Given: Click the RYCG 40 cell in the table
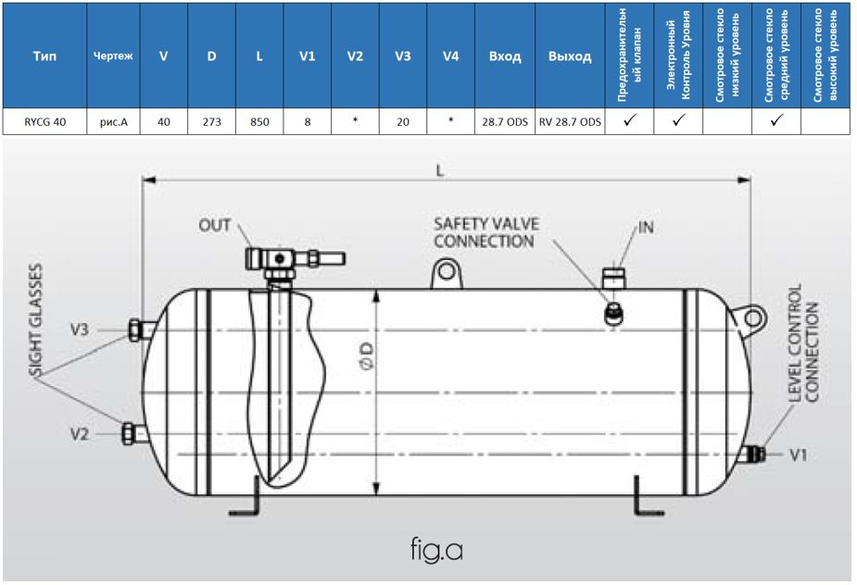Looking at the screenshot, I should pos(44,120).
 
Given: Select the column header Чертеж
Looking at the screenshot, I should pos(113,56).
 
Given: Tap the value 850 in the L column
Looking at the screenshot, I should pos(259,120).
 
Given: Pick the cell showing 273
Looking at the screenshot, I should pos(211,120).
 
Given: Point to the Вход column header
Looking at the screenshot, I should pos(505,56).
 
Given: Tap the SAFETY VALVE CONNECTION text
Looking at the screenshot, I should pos(485,233).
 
